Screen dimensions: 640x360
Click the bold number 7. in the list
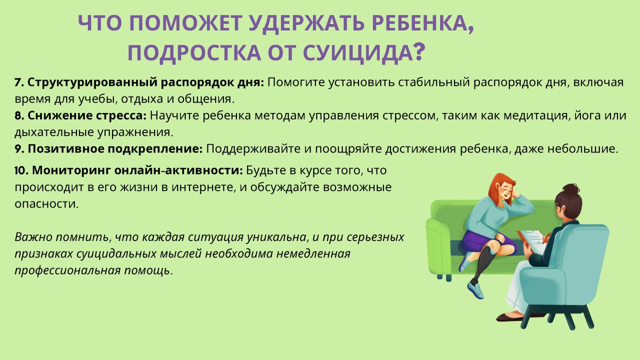point(19,82)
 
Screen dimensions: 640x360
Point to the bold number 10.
point(21,170)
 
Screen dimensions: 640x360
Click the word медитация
point(535,115)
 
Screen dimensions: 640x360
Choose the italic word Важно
point(33,237)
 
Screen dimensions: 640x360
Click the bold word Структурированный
point(92,82)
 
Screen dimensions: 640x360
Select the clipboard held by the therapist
point(531,241)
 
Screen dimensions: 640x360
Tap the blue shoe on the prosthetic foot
point(475,289)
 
